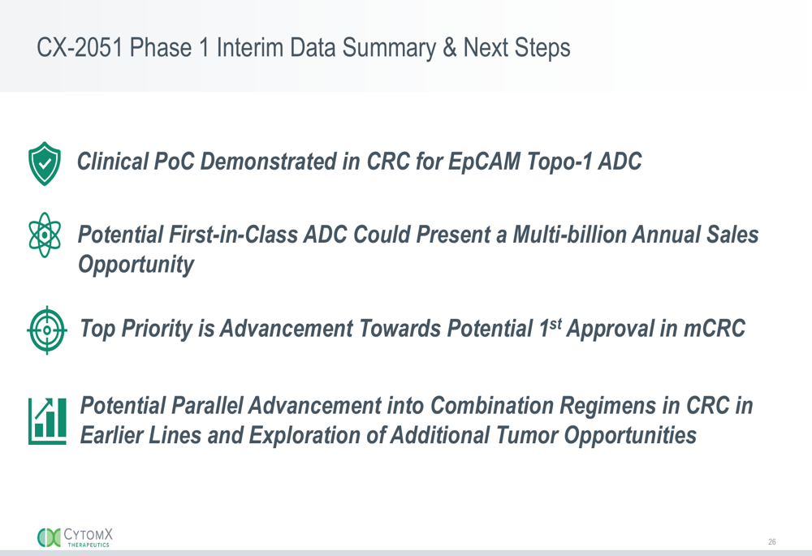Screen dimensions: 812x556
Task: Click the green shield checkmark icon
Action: tap(45, 164)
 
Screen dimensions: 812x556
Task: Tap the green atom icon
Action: tap(45, 235)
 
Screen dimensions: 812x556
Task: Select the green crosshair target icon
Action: tap(46, 330)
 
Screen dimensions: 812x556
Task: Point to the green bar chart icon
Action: tap(47, 421)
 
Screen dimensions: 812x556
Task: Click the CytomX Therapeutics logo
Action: tap(75, 537)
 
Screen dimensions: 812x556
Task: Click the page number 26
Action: tap(771, 541)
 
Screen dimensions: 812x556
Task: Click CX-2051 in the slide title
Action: tap(80, 48)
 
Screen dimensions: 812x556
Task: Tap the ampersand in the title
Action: tap(450, 48)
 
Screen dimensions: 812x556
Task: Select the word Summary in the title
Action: tap(389, 48)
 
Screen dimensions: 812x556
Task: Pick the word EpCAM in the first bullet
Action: tap(484, 162)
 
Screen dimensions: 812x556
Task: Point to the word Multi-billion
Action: tap(570, 235)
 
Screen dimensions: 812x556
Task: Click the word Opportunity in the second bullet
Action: tap(136, 265)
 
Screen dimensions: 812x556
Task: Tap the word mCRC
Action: tap(715, 328)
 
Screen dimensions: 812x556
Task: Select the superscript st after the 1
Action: tap(555, 325)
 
